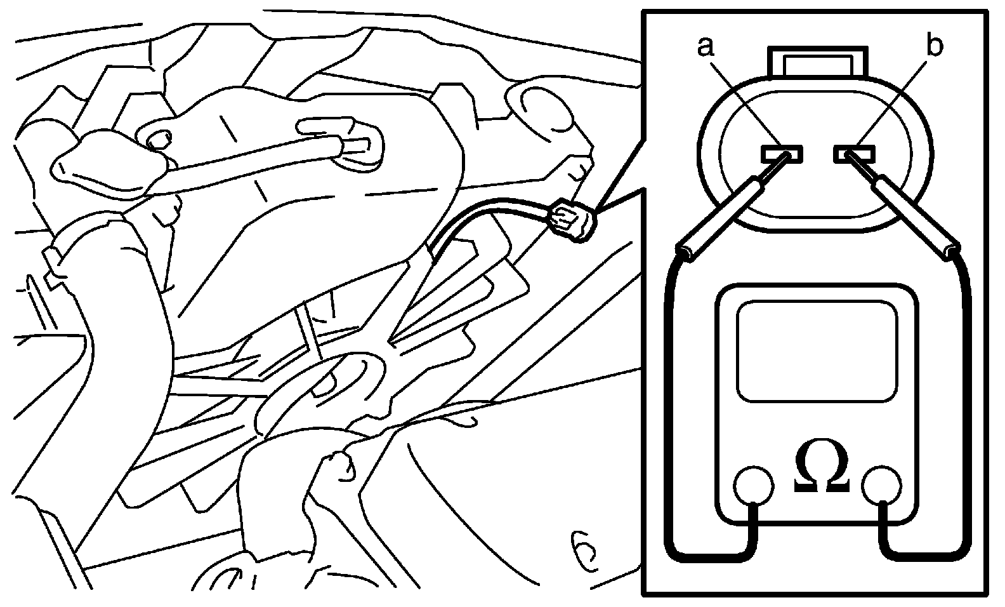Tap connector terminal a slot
pyautogui.click(x=782, y=153)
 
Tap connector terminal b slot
pyautogui.click(x=855, y=153)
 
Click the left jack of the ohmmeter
pyautogui.click(x=753, y=486)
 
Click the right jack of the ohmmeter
pyautogui.click(x=883, y=486)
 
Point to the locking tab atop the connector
pyautogui.click(x=818, y=63)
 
